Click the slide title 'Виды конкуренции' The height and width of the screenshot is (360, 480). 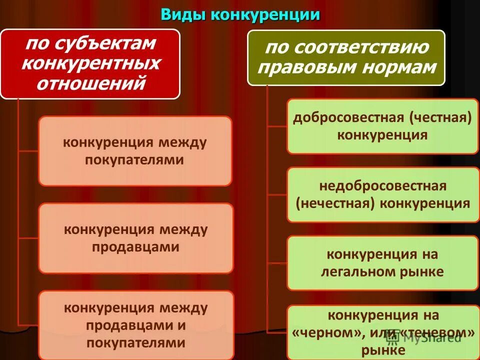[240, 14]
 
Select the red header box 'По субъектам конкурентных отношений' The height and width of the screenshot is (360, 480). [90, 63]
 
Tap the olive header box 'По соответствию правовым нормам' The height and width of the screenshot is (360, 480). [346, 57]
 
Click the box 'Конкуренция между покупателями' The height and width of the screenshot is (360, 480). [135, 151]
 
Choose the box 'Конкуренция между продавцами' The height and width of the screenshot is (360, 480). [135, 238]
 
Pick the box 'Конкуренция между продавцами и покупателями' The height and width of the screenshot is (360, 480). [135, 325]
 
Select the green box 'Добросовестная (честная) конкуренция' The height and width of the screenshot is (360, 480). [382, 126]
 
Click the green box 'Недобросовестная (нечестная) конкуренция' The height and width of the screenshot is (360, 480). [382, 194]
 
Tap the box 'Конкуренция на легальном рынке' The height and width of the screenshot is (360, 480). [382, 263]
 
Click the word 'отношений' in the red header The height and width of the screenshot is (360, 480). [90, 83]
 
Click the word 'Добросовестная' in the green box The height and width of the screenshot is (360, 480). [348, 117]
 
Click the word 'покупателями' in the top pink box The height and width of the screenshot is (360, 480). [134, 160]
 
